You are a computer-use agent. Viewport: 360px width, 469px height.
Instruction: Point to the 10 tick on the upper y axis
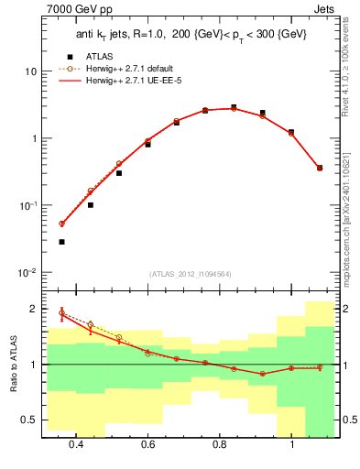pyautogui.click(x=30, y=71)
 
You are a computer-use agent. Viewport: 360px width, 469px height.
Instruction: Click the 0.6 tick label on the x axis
pyautogui.click(x=147, y=445)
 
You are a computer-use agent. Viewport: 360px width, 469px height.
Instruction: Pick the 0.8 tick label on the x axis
pyautogui.click(x=220, y=445)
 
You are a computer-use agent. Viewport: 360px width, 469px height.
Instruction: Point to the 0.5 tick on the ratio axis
pyautogui.click(x=30, y=420)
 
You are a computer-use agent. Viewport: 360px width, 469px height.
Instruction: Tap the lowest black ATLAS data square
pyautogui.click(x=61, y=242)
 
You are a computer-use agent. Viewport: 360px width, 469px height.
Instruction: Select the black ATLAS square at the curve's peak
pyautogui.click(x=234, y=107)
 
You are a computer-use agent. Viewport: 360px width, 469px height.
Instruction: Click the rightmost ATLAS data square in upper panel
pyautogui.click(x=319, y=168)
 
